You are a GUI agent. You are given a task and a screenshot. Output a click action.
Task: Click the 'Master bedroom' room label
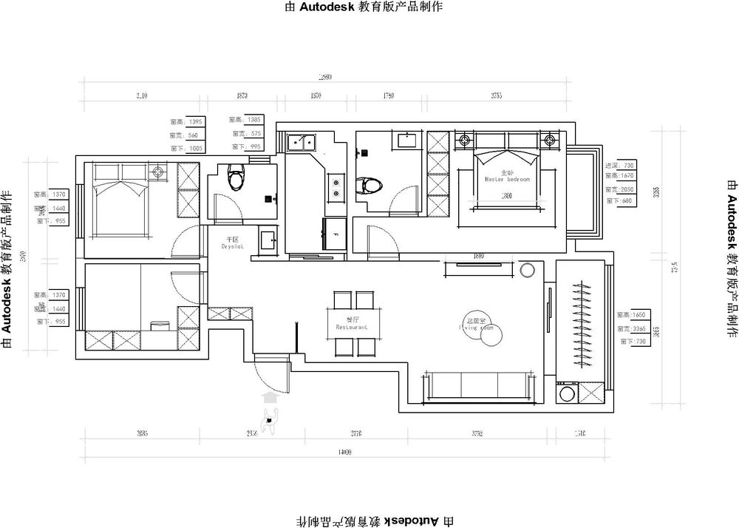507,179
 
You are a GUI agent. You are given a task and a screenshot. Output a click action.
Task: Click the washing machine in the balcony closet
568,392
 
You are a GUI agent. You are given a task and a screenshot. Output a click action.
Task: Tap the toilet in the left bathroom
236,178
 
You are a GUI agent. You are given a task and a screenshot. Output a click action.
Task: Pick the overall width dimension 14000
343,452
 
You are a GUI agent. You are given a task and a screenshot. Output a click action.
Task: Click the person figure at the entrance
270,420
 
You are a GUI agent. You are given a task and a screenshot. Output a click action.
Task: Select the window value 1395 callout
194,122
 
